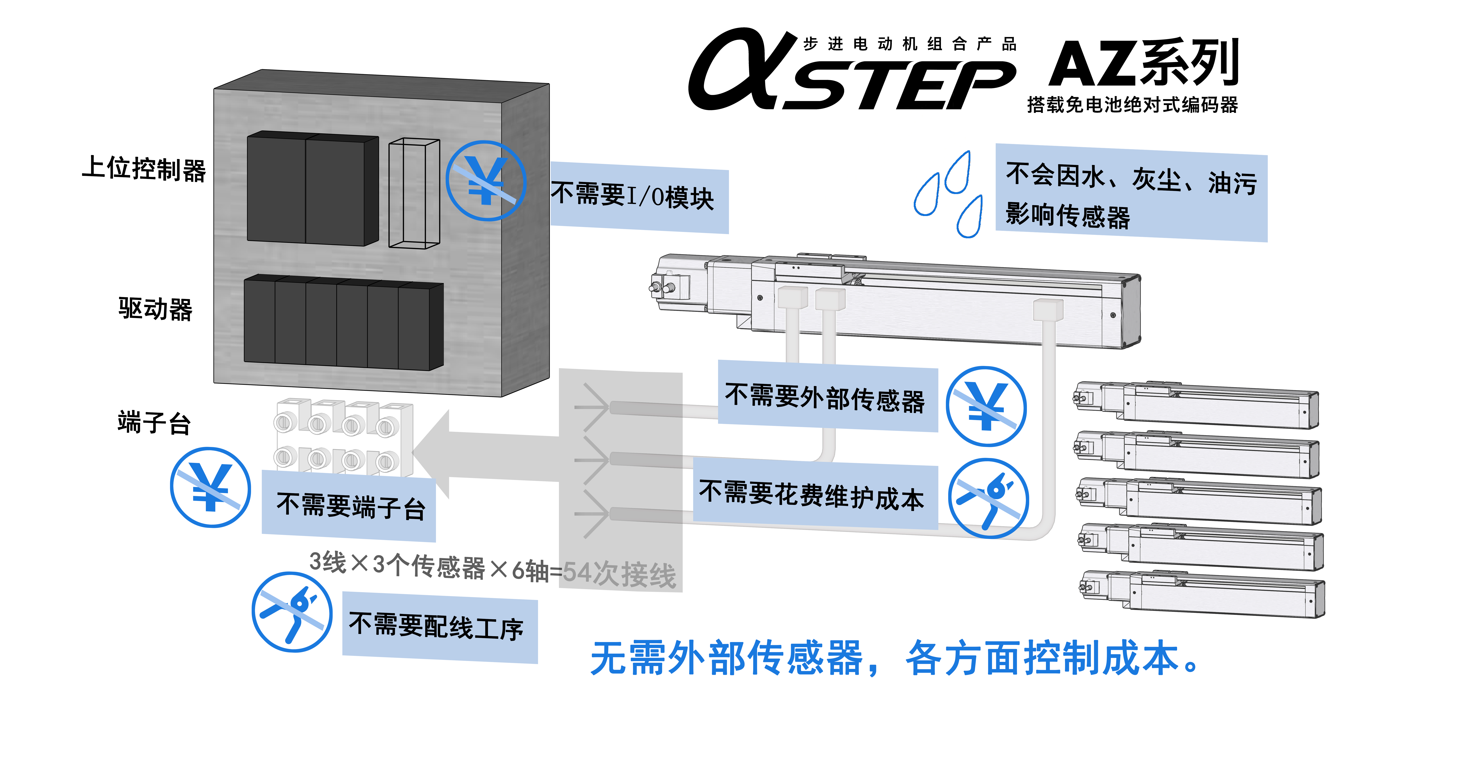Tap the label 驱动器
point(155,309)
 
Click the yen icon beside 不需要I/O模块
point(486,181)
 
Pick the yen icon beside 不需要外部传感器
point(986,407)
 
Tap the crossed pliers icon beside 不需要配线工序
point(292,612)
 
